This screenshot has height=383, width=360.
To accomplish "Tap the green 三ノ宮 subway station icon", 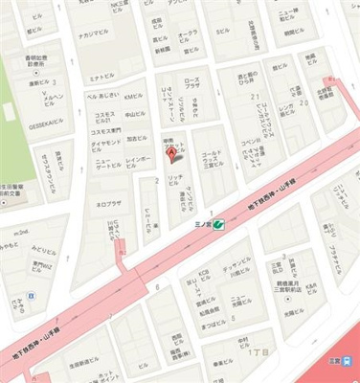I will point(218,223).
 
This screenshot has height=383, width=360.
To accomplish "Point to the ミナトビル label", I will point(101,76).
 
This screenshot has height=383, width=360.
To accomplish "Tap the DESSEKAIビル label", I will point(46,124).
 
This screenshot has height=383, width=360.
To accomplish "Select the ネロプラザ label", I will point(107,204).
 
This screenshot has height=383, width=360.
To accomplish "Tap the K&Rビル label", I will point(202,278).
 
